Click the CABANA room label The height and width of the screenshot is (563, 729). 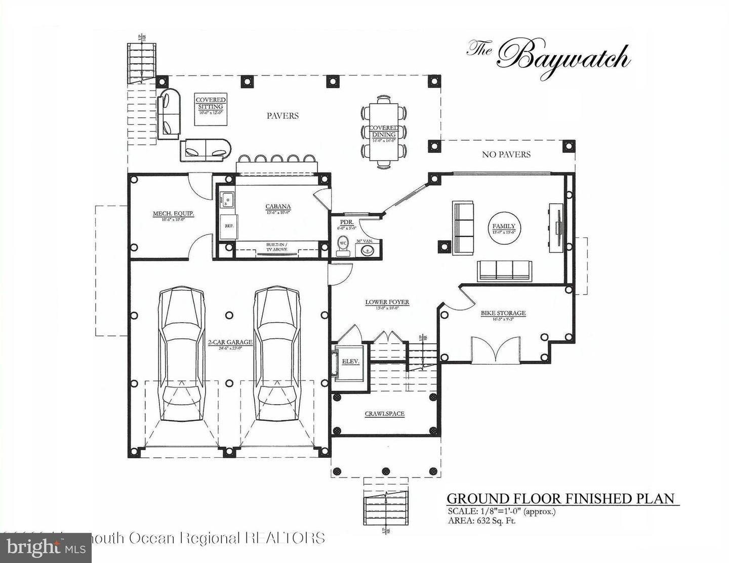pos(278,206)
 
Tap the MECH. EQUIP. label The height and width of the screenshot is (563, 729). pos(174,214)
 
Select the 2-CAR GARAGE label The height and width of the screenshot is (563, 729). pos(230,342)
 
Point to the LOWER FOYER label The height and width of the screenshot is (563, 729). pos(387,302)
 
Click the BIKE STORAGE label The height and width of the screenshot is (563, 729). pos(503,313)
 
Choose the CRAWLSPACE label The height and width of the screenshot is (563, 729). pos(385,414)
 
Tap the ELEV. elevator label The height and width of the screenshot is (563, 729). pos(350,362)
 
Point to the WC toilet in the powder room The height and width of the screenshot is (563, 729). pos(343,243)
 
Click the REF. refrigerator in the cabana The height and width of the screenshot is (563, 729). pos(229,226)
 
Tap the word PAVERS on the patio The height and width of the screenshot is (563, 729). pos(282,116)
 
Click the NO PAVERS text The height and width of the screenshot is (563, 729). pos(506,154)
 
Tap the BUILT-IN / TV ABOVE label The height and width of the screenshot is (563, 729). pos(277,247)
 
